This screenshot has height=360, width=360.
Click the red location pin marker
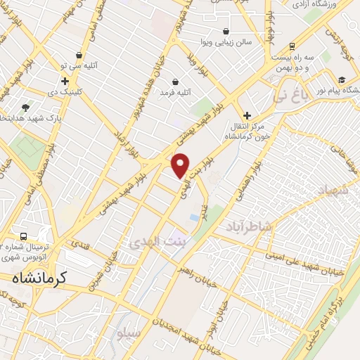181,166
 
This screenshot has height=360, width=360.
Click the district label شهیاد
333,191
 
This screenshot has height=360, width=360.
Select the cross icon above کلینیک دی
65,82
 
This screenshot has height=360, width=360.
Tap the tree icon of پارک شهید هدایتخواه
26,107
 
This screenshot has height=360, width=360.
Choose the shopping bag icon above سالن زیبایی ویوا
225,32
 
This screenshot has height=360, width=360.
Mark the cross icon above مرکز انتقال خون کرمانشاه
247,115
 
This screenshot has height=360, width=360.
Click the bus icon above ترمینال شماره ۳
24,237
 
